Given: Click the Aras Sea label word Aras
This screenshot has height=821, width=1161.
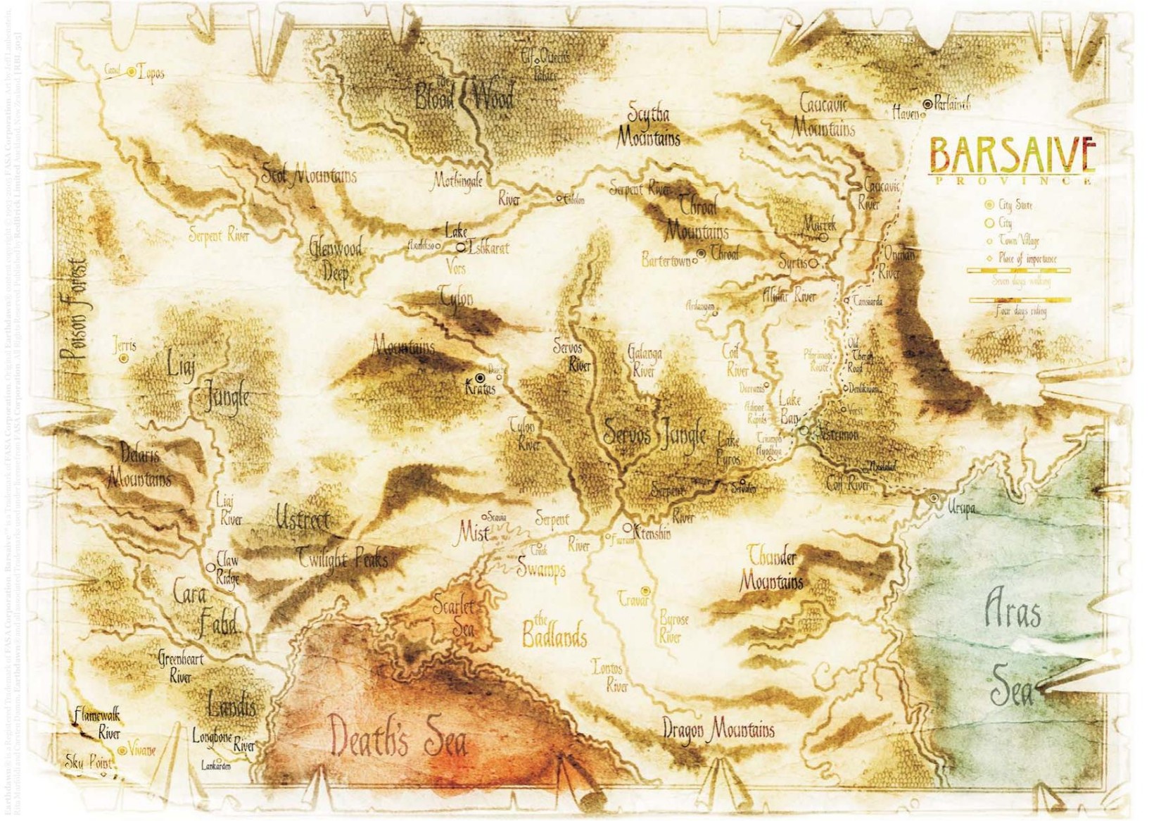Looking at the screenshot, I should (x=1012, y=609).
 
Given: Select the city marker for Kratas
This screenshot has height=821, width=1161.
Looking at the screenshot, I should (x=480, y=378).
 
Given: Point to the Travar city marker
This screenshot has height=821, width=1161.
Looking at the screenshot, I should (x=645, y=591).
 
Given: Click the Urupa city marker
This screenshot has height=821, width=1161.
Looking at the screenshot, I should (x=934, y=498).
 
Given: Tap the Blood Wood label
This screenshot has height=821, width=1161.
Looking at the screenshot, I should (x=464, y=96).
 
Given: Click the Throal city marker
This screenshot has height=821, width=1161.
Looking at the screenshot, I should (x=701, y=253).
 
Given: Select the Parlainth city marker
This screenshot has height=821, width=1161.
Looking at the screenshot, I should (x=927, y=104).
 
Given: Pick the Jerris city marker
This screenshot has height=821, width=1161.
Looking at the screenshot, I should (x=124, y=358).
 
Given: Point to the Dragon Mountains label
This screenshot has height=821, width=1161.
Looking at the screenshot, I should (x=718, y=729).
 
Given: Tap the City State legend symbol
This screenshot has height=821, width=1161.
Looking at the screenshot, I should (x=989, y=205).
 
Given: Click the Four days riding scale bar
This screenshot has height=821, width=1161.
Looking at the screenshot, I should (x=1020, y=301).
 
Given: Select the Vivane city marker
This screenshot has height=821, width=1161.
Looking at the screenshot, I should (x=122, y=751).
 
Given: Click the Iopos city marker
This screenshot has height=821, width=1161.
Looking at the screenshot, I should (x=132, y=72).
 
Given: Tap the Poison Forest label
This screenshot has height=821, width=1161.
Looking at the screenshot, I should (x=75, y=310).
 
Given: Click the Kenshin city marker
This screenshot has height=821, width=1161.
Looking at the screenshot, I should (x=628, y=527).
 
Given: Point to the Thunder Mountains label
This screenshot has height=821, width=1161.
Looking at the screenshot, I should (x=772, y=568).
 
